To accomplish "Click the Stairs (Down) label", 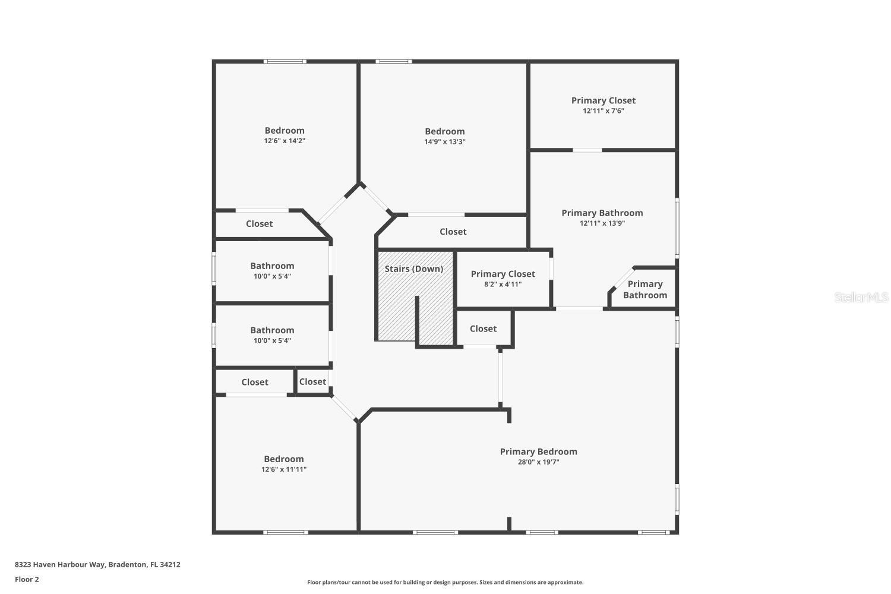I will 413,268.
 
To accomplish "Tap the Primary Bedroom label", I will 538,451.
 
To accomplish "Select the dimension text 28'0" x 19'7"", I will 538,462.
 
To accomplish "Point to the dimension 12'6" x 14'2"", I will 285,141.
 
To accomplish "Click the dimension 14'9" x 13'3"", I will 444,142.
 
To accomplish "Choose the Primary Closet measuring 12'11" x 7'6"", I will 603,100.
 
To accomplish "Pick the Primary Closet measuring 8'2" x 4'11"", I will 503,274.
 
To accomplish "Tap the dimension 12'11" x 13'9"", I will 602,223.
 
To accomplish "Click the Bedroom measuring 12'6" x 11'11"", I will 283,459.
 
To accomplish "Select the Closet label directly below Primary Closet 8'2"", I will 483,328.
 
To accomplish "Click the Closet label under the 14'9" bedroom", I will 453,232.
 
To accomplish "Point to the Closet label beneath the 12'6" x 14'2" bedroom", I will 259,224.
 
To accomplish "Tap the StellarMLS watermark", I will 861,297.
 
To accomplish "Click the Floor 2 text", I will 27,579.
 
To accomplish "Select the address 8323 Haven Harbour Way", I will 97,564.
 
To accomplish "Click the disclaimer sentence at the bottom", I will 445,582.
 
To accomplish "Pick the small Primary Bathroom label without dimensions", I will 644,289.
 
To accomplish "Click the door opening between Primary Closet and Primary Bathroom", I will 587,150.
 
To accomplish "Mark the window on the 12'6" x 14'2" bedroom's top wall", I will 285,61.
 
